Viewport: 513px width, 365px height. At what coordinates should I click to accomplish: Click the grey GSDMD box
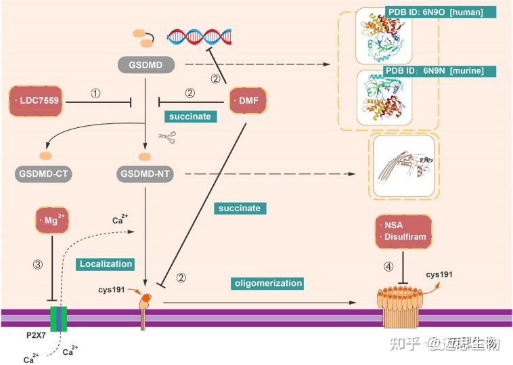146,65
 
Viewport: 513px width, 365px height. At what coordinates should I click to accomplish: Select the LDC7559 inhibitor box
36,101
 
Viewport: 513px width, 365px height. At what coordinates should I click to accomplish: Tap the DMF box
248,100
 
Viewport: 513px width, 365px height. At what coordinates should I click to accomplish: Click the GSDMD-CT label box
43,173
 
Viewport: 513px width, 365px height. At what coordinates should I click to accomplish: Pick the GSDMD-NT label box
145,173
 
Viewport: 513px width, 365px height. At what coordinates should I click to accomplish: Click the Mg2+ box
51,220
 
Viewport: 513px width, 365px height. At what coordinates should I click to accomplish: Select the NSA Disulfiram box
403,231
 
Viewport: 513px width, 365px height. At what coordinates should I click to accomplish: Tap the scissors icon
168,137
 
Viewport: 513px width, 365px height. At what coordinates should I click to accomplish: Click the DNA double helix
199,37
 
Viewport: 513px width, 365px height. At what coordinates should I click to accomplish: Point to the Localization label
106,264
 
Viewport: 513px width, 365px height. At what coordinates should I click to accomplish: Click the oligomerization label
268,283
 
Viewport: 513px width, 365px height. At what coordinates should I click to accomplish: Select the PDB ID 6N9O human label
441,12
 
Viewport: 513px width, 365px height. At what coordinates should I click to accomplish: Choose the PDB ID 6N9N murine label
439,71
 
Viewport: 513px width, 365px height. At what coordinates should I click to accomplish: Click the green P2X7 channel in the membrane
58,319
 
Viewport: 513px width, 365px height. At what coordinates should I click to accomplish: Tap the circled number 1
95,93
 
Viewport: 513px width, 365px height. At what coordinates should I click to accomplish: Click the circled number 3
38,264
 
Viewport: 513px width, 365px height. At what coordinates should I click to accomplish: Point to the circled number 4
388,267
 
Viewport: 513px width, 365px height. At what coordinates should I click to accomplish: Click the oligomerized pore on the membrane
400,306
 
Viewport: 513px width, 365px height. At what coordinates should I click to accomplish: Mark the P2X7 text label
36,335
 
